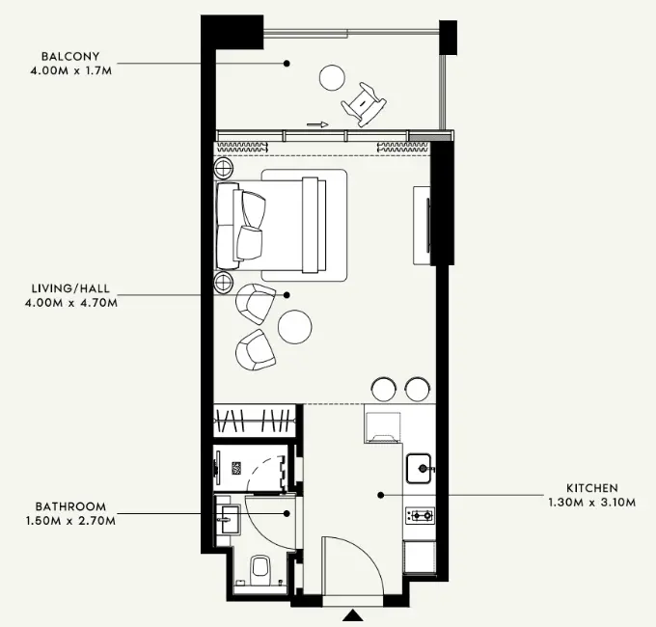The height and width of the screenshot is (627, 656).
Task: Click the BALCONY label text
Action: (x=70, y=57)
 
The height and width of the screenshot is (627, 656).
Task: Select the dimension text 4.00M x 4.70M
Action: (x=71, y=303)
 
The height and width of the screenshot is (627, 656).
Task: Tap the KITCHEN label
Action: (x=592, y=488)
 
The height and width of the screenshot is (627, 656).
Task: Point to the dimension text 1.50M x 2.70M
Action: (x=70, y=521)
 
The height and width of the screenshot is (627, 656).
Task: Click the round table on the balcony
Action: (x=332, y=77)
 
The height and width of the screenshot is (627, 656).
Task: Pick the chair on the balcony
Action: (x=364, y=104)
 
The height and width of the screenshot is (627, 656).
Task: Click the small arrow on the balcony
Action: (x=317, y=124)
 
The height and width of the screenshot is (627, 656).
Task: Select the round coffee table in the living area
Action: (x=294, y=327)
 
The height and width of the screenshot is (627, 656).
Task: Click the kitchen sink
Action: (x=420, y=469)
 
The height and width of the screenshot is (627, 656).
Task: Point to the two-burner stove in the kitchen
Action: (x=420, y=515)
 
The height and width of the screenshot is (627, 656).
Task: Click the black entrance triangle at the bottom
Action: (x=354, y=615)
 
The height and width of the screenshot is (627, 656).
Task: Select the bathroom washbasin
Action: (x=228, y=520)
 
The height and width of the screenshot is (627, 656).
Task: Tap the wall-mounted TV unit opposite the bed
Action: (x=422, y=226)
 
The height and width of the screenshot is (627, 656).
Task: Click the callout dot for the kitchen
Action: (x=381, y=495)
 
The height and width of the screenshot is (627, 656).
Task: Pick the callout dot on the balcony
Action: (x=287, y=64)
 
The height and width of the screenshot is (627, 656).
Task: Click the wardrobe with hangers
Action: (x=255, y=420)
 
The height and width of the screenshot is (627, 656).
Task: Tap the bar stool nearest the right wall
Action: (x=418, y=389)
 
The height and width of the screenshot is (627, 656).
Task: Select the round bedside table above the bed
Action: (x=224, y=169)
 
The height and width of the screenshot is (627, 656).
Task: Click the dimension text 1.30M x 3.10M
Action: (x=592, y=503)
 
